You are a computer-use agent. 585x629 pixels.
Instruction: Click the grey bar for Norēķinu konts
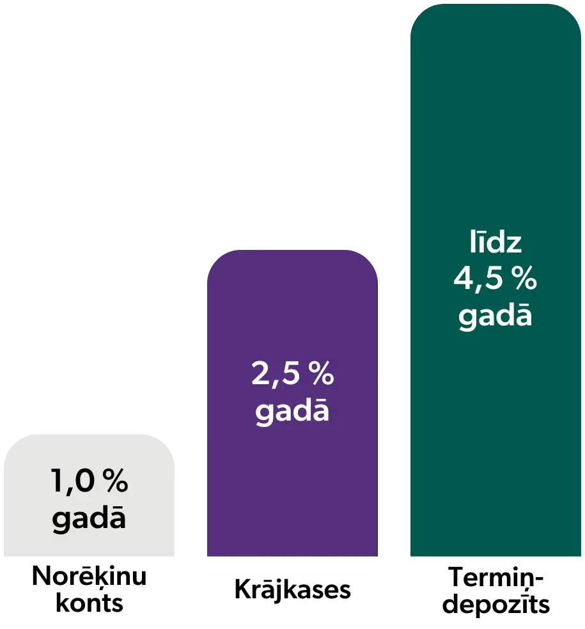(89, 495)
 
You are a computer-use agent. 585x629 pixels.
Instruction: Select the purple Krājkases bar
(292, 403)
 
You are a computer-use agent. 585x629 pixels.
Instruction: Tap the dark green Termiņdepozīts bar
(495, 280)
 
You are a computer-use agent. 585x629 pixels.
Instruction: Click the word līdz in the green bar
(495, 242)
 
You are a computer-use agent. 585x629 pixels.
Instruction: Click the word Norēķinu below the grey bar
(89, 577)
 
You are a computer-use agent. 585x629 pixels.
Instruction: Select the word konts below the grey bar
(89, 603)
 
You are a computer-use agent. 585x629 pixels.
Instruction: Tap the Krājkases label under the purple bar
(293, 589)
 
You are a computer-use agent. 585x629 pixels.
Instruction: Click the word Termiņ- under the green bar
(495, 578)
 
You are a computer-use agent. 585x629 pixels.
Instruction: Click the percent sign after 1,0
(115, 480)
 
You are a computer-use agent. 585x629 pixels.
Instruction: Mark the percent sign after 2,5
(321, 373)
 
